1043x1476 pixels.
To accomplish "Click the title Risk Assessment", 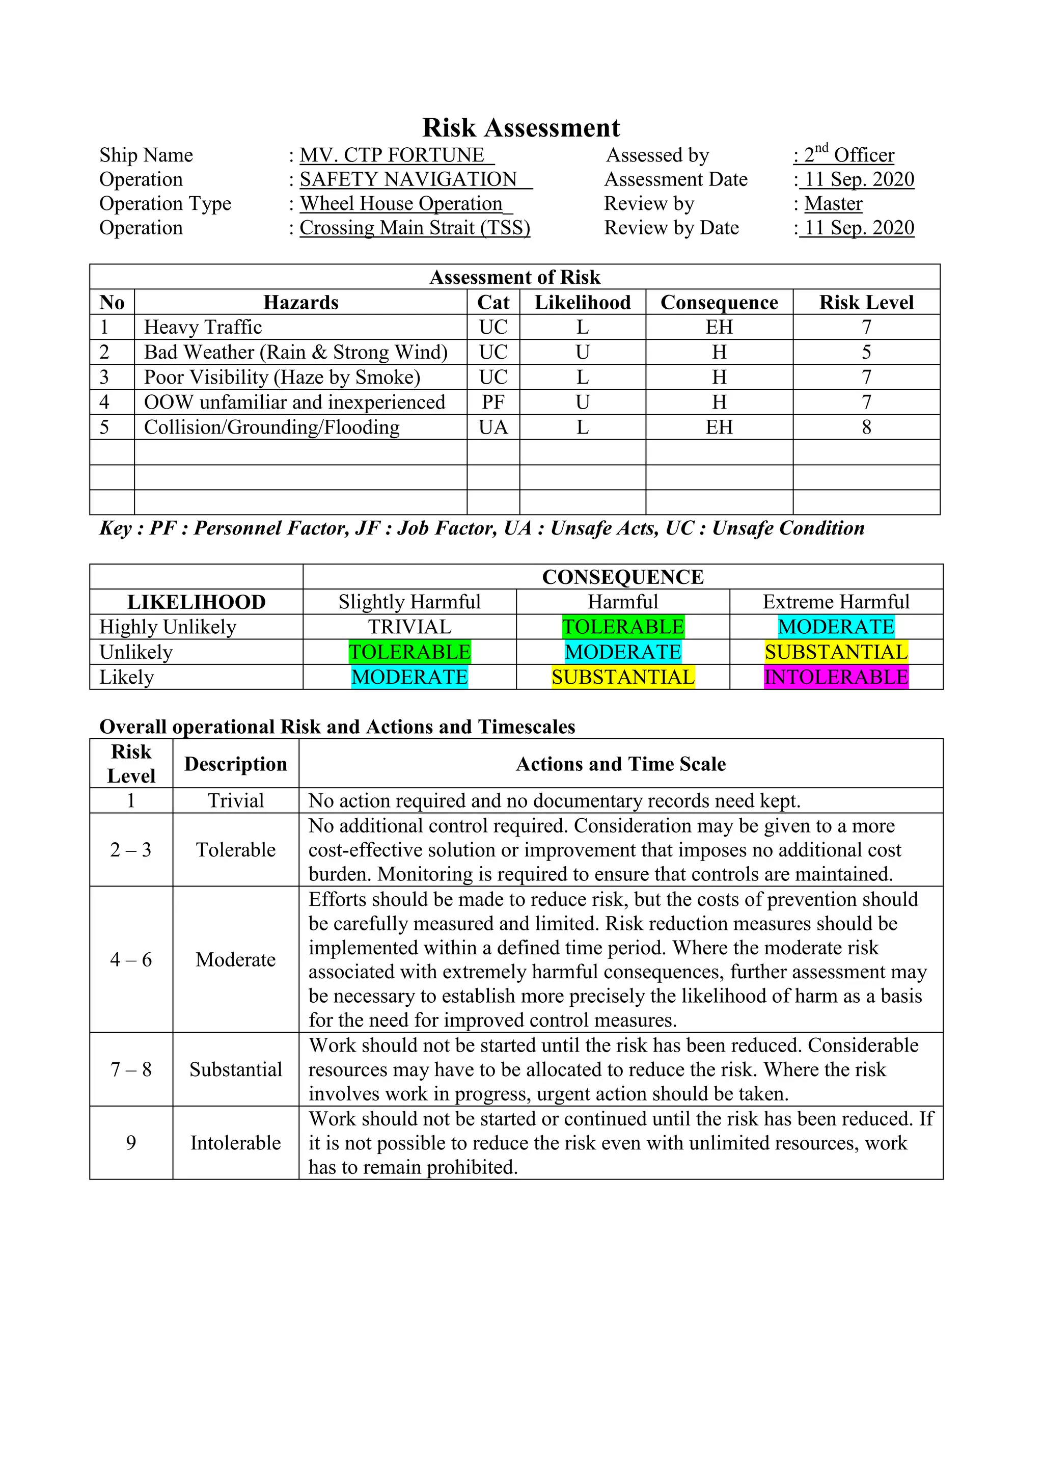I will [520, 128].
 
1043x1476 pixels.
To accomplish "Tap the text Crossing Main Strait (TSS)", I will [415, 228].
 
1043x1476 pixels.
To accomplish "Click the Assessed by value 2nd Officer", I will [848, 155].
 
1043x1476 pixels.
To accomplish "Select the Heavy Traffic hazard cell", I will [203, 327].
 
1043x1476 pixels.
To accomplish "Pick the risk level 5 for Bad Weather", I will [866, 352].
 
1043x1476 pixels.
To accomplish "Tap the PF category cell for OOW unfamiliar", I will [493, 402].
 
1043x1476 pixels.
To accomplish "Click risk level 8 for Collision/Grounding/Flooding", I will [866, 427].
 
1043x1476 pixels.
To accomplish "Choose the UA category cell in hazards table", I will [493, 427].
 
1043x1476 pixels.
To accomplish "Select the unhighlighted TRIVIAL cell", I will [409, 627].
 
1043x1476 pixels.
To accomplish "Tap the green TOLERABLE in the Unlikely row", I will [409, 652].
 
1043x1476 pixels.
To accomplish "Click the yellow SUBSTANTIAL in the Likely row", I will [623, 677].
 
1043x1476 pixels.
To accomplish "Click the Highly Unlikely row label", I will [168, 627].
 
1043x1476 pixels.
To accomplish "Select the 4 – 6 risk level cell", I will [131, 960].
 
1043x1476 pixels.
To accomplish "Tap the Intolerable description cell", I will [235, 1142].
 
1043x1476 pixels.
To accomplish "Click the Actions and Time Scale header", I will [621, 764].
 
